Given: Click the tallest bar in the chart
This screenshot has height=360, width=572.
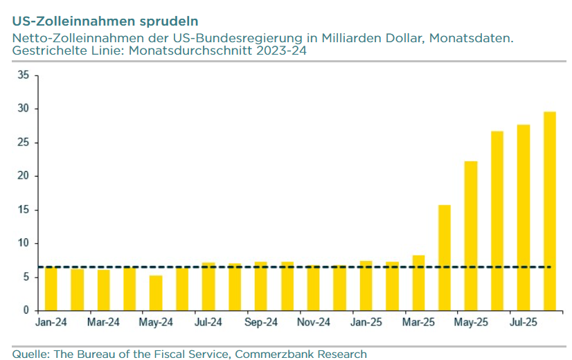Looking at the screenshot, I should (x=549, y=211).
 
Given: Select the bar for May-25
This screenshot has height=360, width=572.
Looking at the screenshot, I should (x=471, y=235).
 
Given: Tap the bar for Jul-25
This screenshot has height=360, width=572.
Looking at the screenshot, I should (x=524, y=217).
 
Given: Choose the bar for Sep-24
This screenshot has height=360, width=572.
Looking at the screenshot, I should (x=261, y=286).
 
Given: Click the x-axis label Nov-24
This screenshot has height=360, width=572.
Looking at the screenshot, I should (x=313, y=323).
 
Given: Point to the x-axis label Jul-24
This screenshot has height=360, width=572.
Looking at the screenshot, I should (x=208, y=323).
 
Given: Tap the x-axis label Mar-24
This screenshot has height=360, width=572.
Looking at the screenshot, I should (x=103, y=323).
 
